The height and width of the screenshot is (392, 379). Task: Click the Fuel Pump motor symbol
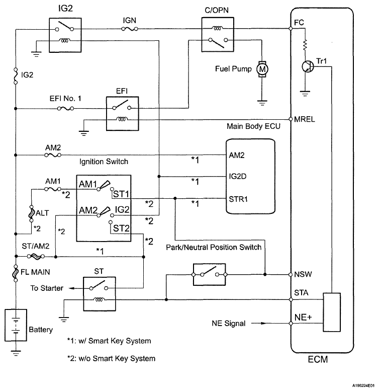tap(262, 68)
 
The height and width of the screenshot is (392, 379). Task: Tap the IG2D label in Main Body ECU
tap(238, 177)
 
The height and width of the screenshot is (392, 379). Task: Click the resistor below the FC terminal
tap(305, 46)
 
